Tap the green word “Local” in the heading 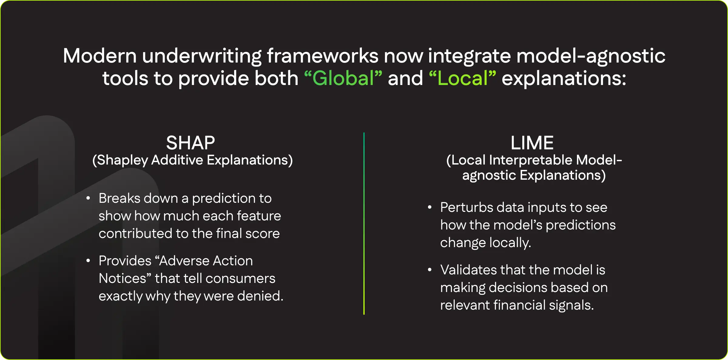tap(462, 78)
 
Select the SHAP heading tap(190, 143)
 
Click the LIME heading tap(532, 143)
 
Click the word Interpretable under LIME tap(531, 160)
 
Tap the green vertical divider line tap(364, 223)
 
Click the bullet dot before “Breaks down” tap(88, 199)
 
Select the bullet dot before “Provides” tap(88, 261)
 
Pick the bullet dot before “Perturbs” tap(430, 208)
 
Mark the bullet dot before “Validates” tap(430, 270)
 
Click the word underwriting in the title tap(202, 56)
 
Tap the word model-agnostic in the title tap(591, 56)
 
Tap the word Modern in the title tap(100, 56)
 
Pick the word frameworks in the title tap(322, 56)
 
